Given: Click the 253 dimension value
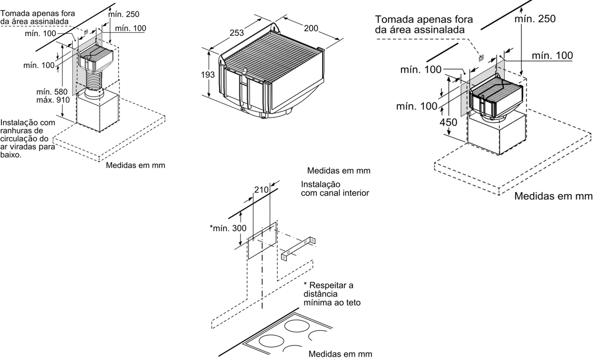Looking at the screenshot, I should click(x=237, y=33).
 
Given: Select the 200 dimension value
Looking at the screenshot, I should click(x=311, y=29).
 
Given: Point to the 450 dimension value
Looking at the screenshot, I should click(x=448, y=122).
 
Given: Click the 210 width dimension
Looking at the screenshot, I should click(x=262, y=190).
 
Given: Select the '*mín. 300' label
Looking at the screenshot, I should click(x=228, y=228).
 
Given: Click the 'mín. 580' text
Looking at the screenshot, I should click(x=53, y=92).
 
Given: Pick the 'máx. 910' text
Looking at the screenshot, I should click(x=53, y=100).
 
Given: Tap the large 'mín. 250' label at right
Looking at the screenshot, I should click(x=535, y=19).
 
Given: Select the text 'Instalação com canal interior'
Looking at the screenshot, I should click(x=335, y=189).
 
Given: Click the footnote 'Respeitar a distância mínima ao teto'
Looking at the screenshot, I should click(x=332, y=293).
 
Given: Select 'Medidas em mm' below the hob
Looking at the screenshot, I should click(x=340, y=354).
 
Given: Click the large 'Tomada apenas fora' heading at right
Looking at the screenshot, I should click(x=424, y=20).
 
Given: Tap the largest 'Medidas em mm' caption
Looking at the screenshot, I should click(x=553, y=196).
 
